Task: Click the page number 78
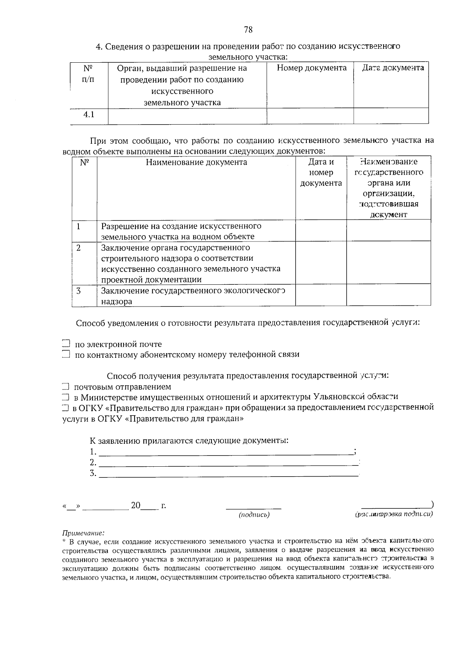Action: (248, 30)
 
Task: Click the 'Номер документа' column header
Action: (311, 68)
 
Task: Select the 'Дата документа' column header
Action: (393, 68)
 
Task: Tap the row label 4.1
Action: (89, 115)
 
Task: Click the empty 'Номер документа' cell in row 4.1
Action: (310, 115)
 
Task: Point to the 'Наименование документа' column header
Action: (196, 162)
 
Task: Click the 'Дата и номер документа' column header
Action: (321, 172)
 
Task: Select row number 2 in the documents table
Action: (79, 248)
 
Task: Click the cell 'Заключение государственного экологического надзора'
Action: (193, 295)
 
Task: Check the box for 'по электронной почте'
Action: (66, 343)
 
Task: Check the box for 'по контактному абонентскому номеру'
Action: (66, 354)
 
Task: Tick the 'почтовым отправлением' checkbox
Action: (66, 387)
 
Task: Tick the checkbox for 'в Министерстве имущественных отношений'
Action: (66, 397)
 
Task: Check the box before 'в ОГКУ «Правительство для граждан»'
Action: (65, 407)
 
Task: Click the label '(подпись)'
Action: (254, 514)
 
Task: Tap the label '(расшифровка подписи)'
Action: (394, 514)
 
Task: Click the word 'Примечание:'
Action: (83, 532)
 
